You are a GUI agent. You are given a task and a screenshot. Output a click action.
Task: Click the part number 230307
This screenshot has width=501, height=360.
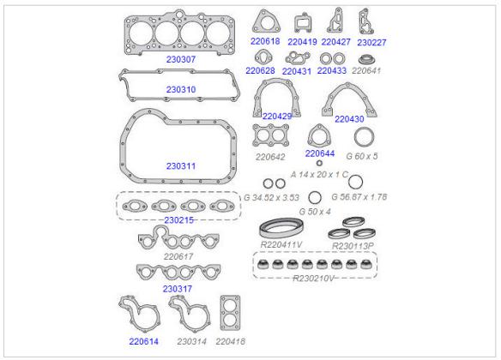[x=181, y=59]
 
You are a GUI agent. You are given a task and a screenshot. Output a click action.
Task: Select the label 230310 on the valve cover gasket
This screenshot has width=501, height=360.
[x=181, y=89]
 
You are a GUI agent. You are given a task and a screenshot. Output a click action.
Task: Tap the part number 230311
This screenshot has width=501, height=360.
[x=181, y=166]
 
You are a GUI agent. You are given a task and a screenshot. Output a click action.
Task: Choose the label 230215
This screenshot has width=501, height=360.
[x=179, y=220]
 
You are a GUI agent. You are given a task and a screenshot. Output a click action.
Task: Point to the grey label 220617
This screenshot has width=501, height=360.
[x=178, y=256]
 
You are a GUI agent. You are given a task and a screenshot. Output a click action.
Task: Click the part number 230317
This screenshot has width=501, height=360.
[x=178, y=289]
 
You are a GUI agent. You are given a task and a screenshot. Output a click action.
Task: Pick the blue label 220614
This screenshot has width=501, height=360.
[x=144, y=341]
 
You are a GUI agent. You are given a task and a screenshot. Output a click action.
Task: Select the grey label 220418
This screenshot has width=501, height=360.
[x=231, y=341]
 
